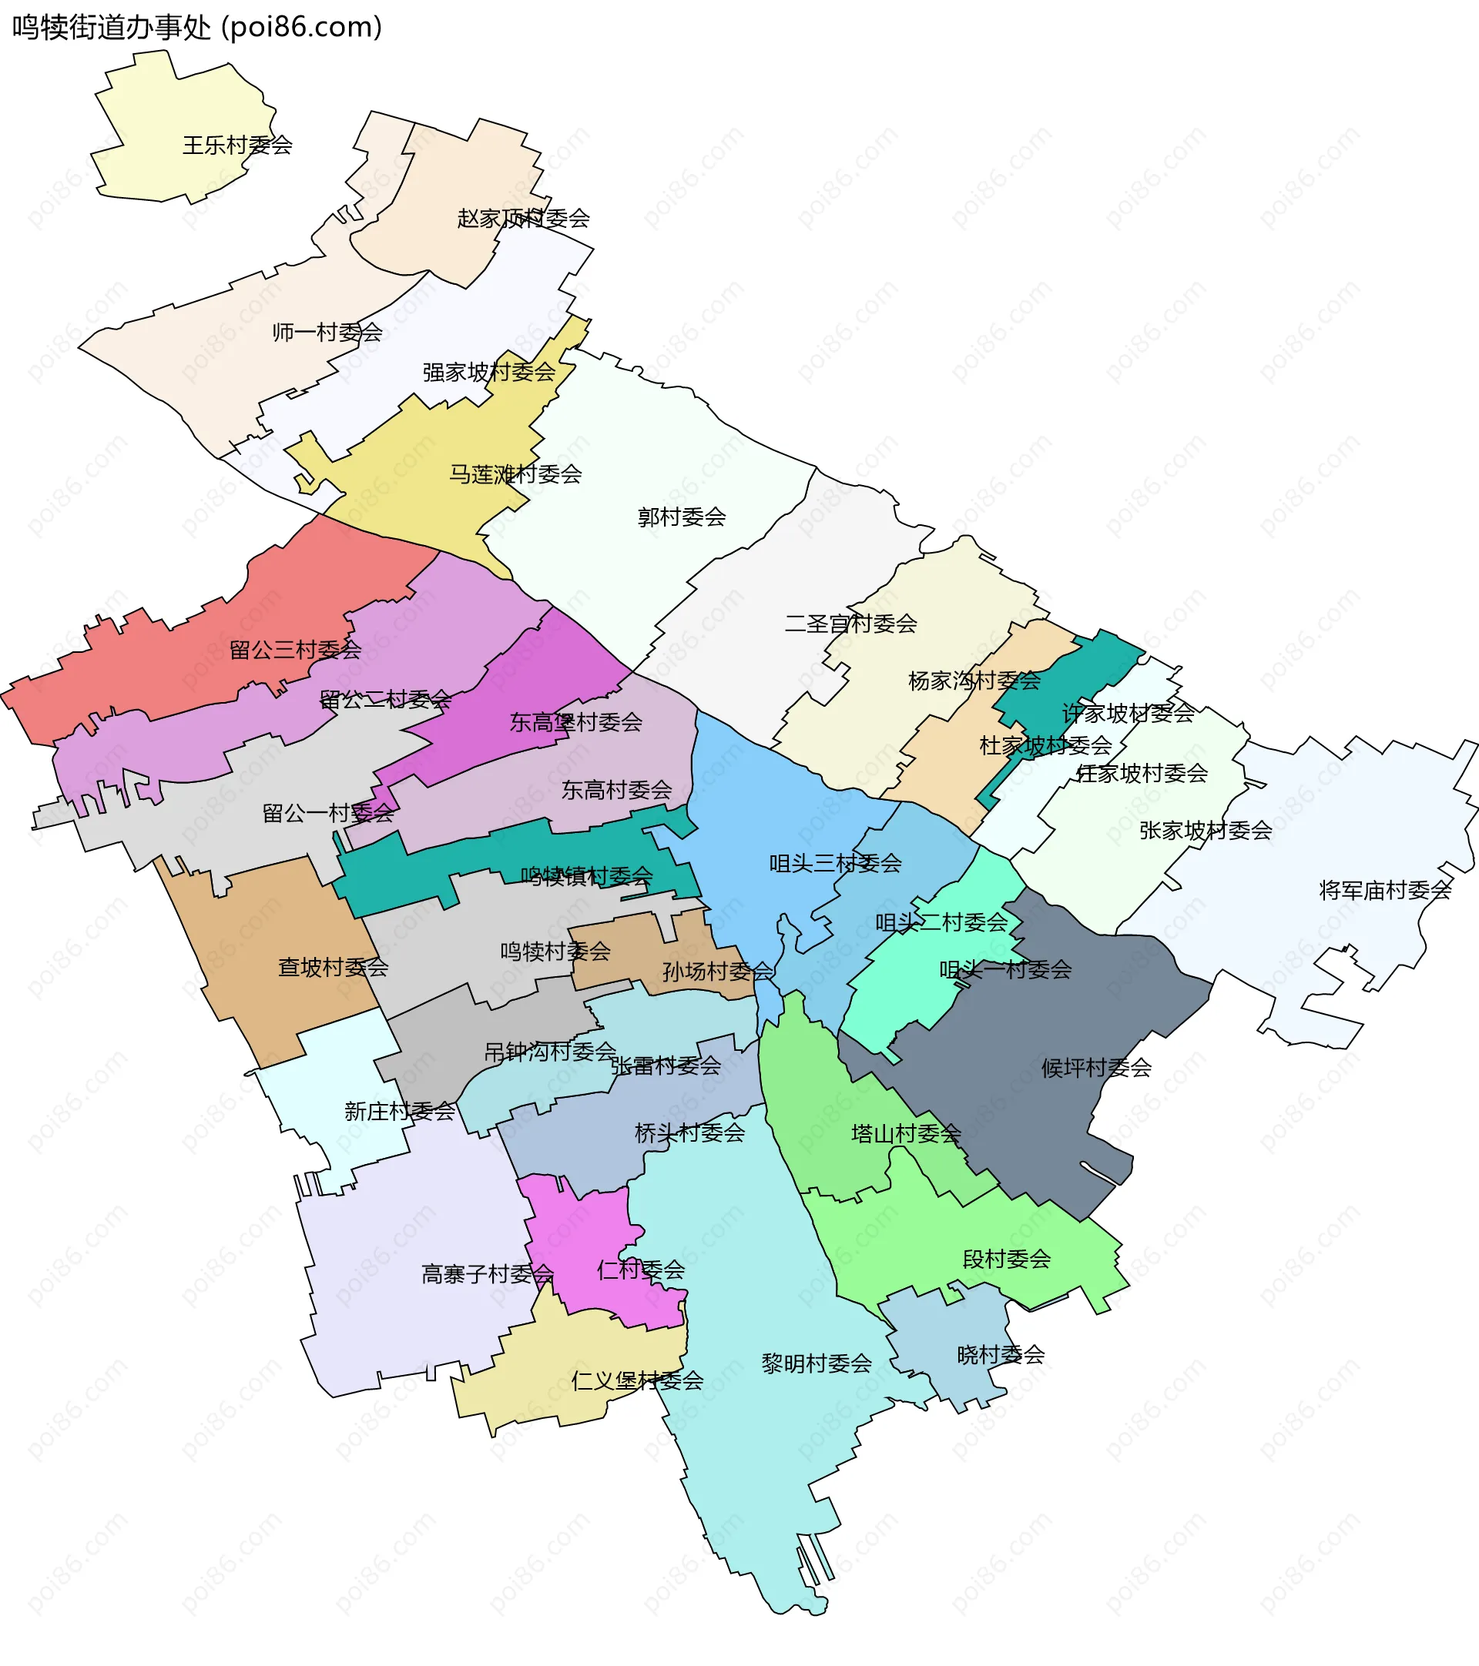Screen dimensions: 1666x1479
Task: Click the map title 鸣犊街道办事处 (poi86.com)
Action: [197, 28]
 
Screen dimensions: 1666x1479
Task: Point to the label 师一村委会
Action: [327, 333]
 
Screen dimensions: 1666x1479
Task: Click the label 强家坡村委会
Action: [488, 373]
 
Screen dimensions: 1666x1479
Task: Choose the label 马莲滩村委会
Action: [515, 474]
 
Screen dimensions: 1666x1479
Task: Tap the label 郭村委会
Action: [682, 517]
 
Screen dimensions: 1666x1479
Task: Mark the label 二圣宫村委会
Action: [850, 624]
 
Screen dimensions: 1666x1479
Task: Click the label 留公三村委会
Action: [295, 651]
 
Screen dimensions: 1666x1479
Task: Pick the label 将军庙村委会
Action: [1385, 891]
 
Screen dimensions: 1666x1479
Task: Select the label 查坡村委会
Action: [333, 968]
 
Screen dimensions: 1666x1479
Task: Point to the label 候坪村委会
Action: [1096, 1069]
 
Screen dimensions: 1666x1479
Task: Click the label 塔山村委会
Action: [906, 1135]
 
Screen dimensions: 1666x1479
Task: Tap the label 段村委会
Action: [1006, 1260]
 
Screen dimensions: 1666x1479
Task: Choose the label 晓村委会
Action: [1001, 1356]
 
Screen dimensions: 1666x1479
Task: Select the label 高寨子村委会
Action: [488, 1275]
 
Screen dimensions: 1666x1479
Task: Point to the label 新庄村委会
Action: [400, 1112]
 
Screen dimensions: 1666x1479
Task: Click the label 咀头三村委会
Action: [835, 864]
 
